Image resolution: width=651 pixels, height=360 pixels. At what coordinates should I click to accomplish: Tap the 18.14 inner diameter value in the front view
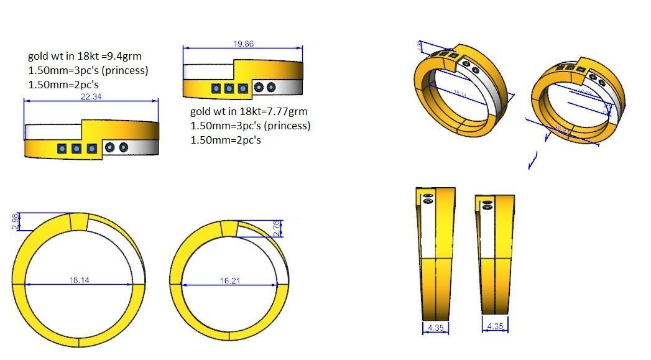point(80,280)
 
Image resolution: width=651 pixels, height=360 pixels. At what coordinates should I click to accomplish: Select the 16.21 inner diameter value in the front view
point(229,281)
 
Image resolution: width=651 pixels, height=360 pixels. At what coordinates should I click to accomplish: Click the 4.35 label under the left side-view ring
point(435,326)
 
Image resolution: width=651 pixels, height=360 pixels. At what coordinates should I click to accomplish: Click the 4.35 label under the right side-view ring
point(495,326)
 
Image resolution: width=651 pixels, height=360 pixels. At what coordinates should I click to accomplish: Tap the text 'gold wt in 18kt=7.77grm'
point(249,111)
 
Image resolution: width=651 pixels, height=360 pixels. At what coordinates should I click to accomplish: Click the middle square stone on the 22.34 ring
point(76,149)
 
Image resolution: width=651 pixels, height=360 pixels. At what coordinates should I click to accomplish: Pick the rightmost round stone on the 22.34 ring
point(123,147)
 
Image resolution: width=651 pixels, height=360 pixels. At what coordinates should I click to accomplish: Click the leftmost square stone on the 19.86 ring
point(216,89)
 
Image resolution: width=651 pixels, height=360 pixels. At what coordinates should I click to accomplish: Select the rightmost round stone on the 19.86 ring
point(271,87)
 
